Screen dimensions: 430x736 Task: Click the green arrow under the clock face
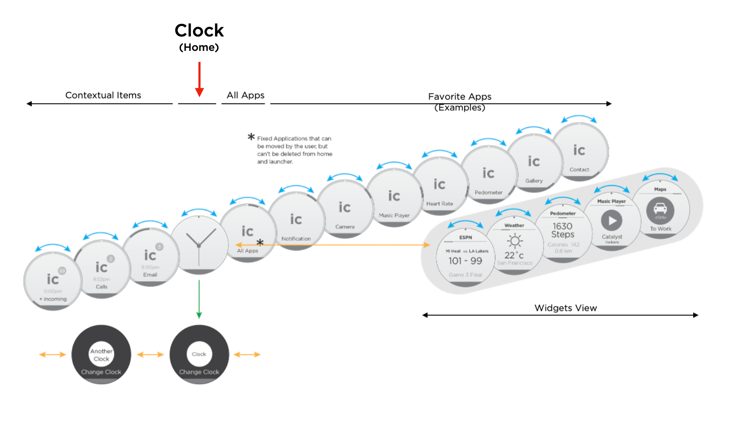pyautogui.click(x=199, y=299)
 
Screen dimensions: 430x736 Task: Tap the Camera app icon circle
pyautogui.click(x=345, y=209)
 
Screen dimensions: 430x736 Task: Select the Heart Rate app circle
pyautogui.click(x=440, y=186)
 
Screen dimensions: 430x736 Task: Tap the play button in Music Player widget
pyautogui.click(x=612, y=221)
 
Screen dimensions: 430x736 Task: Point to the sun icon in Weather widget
pyautogui.click(x=515, y=241)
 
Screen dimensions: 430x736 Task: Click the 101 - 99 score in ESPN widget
pyautogui.click(x=465, y=261)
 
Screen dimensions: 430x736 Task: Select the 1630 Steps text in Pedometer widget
pyautogui.click(x=563, y=230)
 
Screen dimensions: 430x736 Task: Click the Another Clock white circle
pyautogui.click(x=101, y=355)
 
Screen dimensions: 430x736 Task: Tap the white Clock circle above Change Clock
pyautogui.click(x=199, y=354)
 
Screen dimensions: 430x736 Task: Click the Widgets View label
pyautogui.click(x=566, y=308)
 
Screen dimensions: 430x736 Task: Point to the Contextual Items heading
pyautogui.click(x=103, y=95)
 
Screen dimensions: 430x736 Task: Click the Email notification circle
pyautogui.click(x=150, y=257)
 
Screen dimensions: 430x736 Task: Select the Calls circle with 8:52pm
pyautogui.click(x=102, y=269)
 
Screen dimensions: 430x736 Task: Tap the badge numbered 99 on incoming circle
pyautogui.click(x=62, y=271)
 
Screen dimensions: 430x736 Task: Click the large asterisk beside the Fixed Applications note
pyautogui.click(x=251, y=137)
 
